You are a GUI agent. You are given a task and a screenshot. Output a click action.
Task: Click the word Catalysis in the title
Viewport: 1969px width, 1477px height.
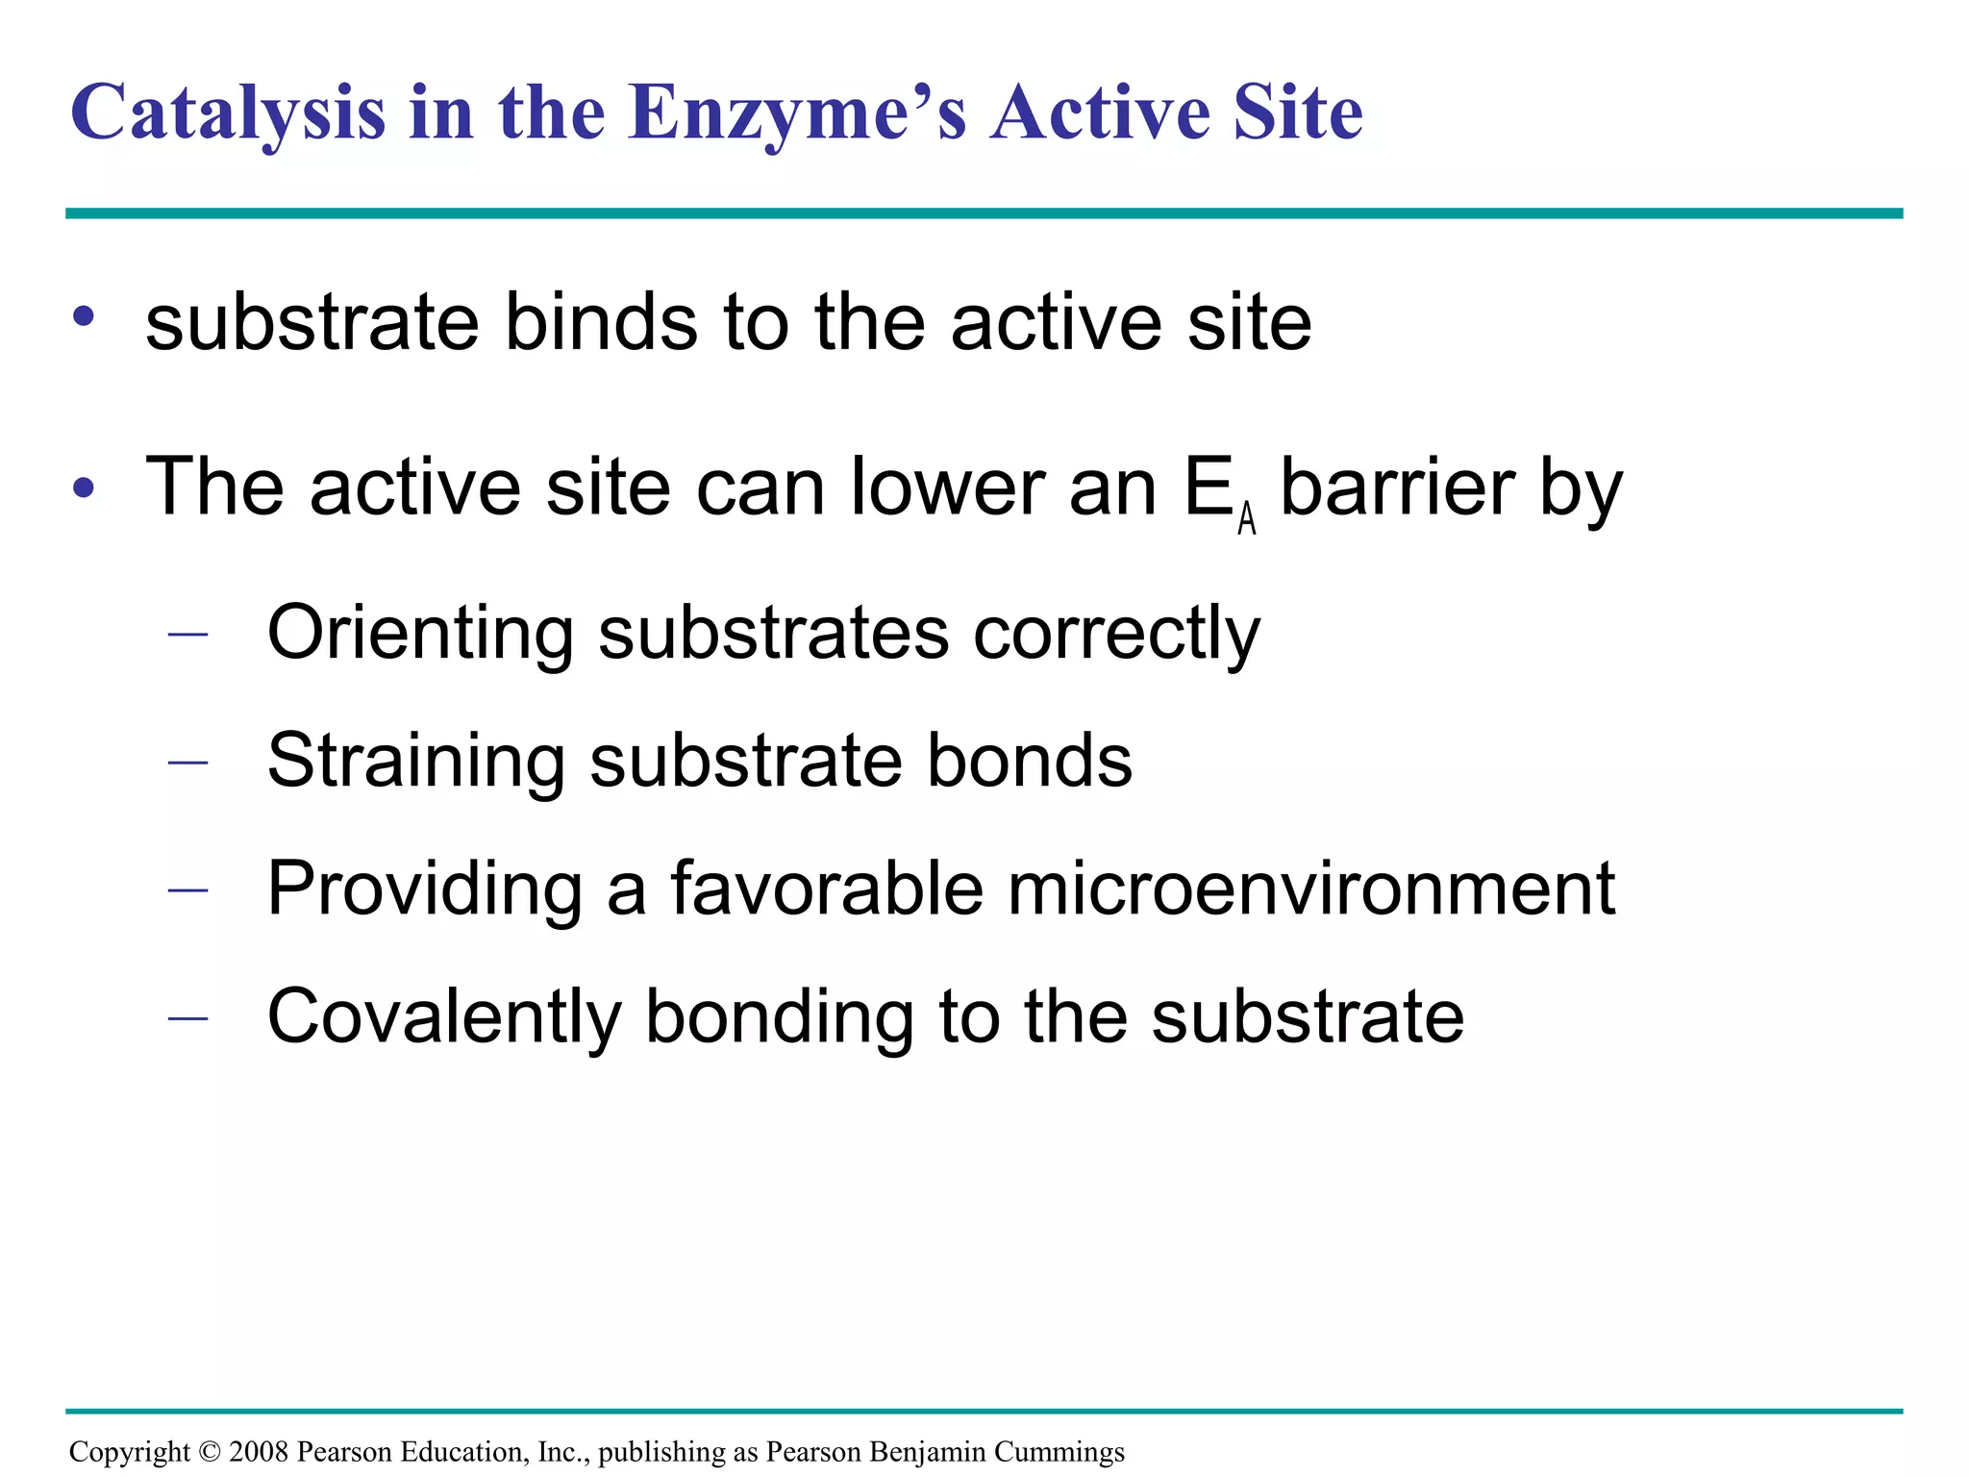(228, 113)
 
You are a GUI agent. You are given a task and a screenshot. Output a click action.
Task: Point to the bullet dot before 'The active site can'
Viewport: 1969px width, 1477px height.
(84, 488)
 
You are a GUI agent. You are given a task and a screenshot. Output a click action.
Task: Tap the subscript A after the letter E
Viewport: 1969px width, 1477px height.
(1247, 519)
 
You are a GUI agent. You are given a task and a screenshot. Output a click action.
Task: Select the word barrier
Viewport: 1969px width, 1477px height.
(1398, 488)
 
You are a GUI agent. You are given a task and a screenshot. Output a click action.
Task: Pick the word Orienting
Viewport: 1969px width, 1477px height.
(420, 634)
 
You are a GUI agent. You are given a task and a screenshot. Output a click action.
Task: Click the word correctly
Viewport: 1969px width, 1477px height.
(1116, 634)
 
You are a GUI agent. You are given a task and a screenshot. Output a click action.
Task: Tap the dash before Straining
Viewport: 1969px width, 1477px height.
(187, 763)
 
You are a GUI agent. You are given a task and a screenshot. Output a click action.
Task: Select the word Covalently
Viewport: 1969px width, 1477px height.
(444, 1016)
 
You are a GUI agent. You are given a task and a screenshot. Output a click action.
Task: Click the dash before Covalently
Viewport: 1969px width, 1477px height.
(187, 1018)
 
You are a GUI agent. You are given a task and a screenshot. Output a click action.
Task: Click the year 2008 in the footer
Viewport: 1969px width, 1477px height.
(259, 1452)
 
